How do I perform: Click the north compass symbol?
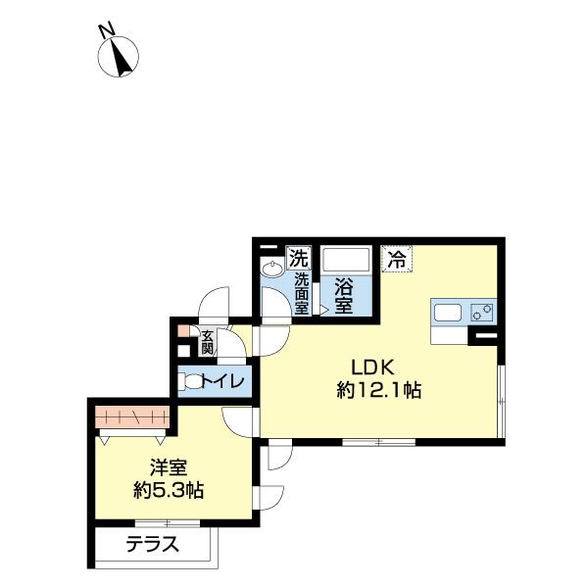[x=119, y=57]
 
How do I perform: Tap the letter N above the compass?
[x=106, y=29]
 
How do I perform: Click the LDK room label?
[x=372, y=367]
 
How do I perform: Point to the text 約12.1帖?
[x=378, y=390]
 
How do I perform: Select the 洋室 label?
[x=169, y=468]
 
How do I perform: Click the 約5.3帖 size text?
[x=169, y=490]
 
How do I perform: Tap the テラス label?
[x=152, y=544]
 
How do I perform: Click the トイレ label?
[x=223, y=382]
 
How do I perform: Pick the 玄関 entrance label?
[x=207, y=342]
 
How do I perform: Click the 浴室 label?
[x=344, y=297]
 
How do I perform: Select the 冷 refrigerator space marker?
[x=397, y=258]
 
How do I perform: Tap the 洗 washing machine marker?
[x=299, y=257]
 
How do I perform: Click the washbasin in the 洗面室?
[x=272, y=269]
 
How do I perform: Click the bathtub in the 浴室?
[x=347, y=260]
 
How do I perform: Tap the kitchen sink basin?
[x=448, y=313]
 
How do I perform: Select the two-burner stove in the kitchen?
[x=482, y=312]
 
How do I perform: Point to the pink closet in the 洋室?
[x=132, y=416]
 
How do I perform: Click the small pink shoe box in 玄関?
[x=184, y=330]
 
